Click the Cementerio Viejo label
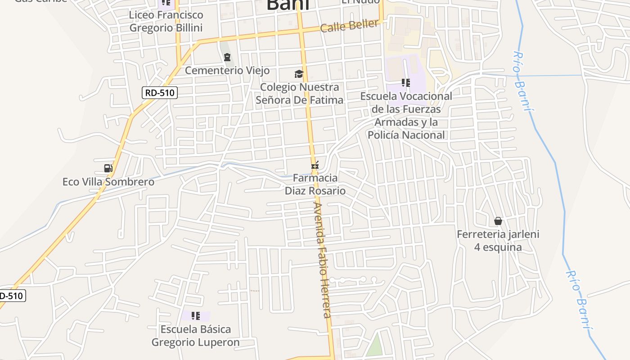point(227,71)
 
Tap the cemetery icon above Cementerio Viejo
point(227,57)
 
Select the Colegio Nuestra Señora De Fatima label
point(299,93)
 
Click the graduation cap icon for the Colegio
point(299,74)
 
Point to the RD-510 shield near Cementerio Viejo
point(160,93)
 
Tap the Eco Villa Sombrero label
point(108,182)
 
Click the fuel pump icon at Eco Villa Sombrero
point(108,168)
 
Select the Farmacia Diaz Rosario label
point(315,184)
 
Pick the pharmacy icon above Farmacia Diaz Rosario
point(315,166)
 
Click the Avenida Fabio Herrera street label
point(322,260)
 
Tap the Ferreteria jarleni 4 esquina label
point(498,240)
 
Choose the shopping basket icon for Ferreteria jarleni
point(498,221)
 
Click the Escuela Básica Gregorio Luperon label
point(195,335)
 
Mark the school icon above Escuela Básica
point(195,315)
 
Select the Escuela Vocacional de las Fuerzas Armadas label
point(406,115)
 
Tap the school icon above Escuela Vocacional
point(406,83)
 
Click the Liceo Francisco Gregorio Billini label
point(166,21)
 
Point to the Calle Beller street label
point(349,26)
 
